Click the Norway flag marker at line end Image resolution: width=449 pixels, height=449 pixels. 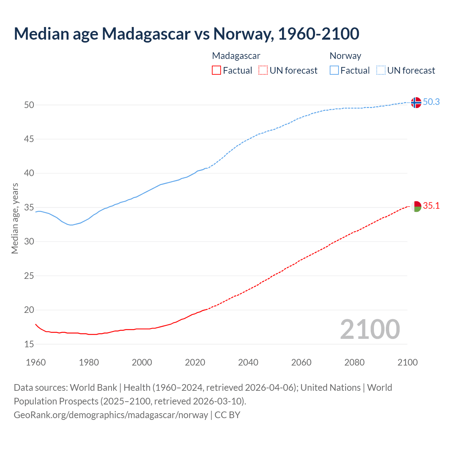click(x=416, y=102)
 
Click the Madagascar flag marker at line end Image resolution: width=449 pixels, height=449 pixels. click(x=416, y=206)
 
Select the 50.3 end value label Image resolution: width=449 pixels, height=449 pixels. click(x=431, y=102)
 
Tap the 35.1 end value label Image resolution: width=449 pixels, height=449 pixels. click(x=431, y=206)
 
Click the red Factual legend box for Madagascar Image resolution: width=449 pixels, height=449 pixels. click(x=216, y=71)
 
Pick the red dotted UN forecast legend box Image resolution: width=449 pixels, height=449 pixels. click(x=263, y=71)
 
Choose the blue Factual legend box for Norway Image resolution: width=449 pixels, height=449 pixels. click(x=334, y=71)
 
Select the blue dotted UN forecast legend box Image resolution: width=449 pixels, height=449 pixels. click(x=381, y=71)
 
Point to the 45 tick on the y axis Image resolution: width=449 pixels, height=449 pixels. click(x=29, y=139)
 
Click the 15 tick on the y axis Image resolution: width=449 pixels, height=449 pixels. click(x=29, y=344)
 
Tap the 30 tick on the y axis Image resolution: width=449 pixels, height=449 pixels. click(x=29, y=242)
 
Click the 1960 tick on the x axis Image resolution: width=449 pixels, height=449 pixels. click(x=36, y=362)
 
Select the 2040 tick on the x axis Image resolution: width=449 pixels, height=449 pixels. click(x=248, y=362)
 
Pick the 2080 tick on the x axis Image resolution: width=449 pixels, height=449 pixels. click(x=354, y=362)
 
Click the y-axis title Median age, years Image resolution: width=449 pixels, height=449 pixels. click(x=15, y=218)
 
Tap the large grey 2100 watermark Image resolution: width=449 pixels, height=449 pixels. click(x=370, y=329)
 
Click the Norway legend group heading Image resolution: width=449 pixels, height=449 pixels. click(x=345, y=56)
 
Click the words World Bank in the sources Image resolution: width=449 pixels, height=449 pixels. click(x=93, y=388)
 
